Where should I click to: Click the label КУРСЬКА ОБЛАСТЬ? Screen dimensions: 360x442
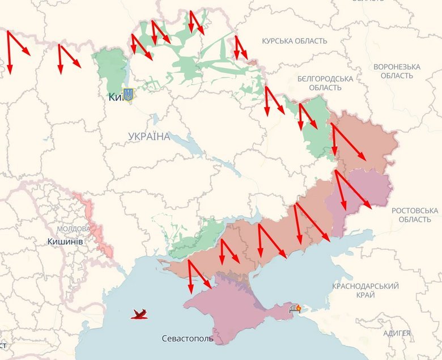pos(294,41)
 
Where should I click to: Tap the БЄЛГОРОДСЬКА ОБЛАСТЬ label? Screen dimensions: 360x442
pos(325,83)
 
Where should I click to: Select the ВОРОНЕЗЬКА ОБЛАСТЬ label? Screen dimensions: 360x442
pos(397,71)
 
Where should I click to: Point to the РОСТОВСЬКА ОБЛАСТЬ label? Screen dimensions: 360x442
pos(415,215)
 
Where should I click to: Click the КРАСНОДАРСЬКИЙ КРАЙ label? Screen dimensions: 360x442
pos(365,290)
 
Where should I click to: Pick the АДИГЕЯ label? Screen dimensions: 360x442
pos(396,333)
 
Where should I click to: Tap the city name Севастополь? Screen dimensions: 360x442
pos(188,338)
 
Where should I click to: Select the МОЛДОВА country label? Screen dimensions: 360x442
pos(73,228)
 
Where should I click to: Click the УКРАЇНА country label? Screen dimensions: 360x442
pos(149,136)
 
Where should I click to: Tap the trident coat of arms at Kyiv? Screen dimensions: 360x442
pos(128,95)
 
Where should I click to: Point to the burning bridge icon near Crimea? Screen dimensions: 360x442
pos(295,308)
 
